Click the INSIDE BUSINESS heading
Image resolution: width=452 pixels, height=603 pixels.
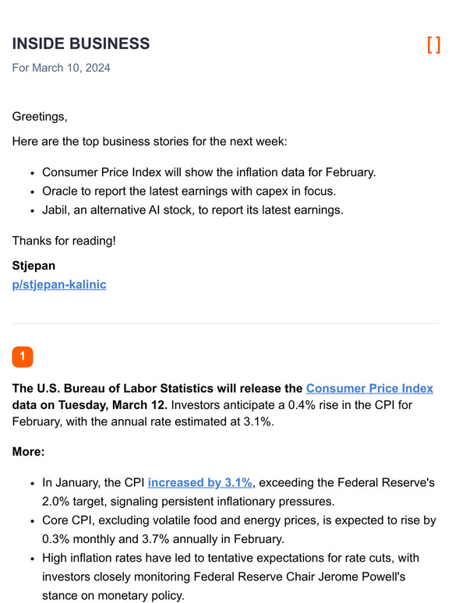pos(80,44)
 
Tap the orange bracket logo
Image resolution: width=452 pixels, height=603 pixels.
pos(433,44)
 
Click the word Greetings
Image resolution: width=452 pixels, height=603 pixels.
pos(40,117)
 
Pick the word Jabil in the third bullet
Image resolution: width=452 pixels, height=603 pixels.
pos(56,210)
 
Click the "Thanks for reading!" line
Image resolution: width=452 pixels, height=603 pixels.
pos(64,241)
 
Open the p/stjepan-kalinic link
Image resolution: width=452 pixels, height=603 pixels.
pos(59,284)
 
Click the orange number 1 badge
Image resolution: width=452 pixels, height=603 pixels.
pos(23,356)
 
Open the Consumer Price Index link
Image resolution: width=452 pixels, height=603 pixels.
pos(369,388)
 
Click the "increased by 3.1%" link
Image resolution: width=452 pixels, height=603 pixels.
pos(200,483)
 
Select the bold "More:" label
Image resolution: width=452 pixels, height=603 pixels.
pos(29,452)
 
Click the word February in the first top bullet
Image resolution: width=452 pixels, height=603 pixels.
pos(351,172)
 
